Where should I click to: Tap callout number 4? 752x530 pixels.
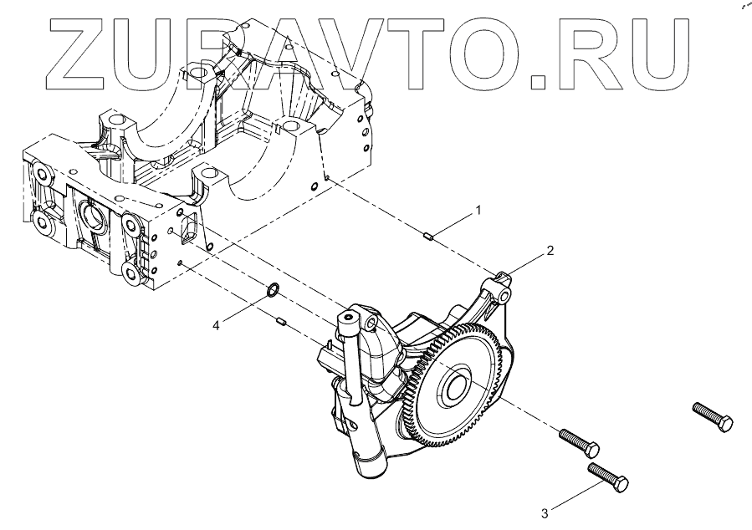point(216,324)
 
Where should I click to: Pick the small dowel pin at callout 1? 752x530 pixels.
point(427,237)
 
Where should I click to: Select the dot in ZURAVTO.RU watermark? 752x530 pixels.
point(539,80)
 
